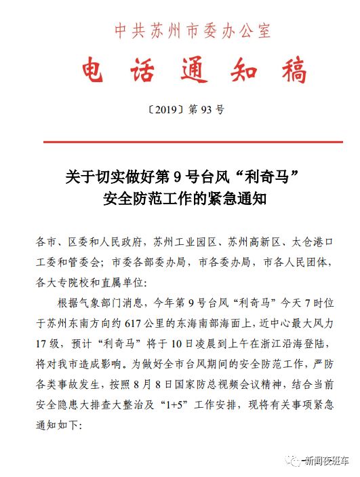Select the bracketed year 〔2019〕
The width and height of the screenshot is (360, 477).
pos(157,109)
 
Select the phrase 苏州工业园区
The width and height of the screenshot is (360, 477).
pos(186,242)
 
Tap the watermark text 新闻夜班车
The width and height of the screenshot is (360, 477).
pos(326,459)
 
